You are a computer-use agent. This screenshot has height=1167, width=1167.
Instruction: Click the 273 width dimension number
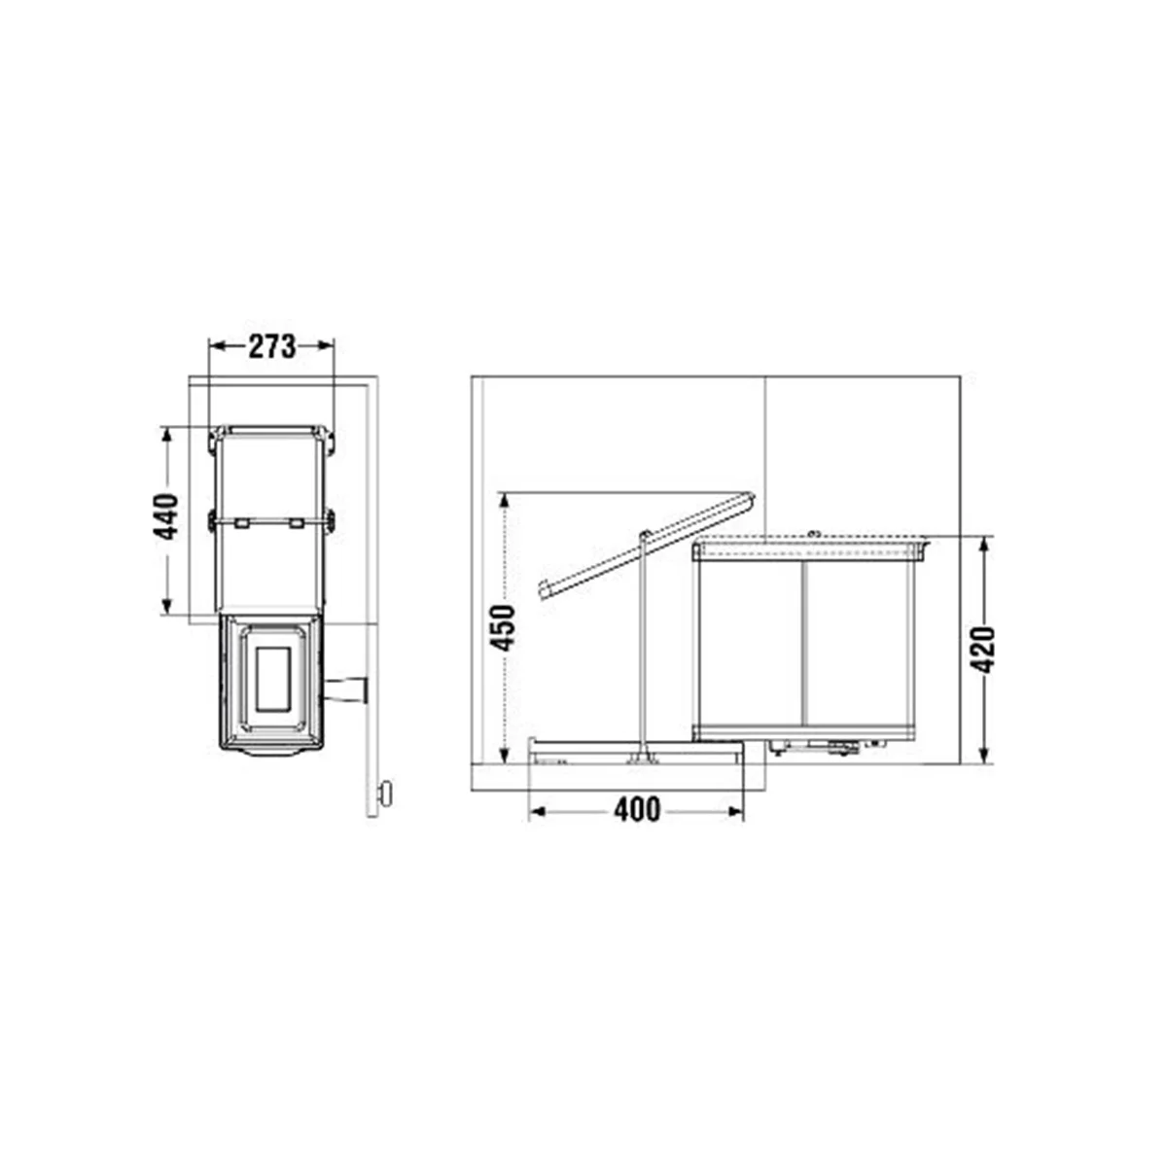[x=272, y=346]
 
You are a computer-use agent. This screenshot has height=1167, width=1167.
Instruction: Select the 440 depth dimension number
[x=165, y=517]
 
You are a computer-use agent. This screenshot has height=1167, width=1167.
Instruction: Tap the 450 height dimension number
[x=502, y=628]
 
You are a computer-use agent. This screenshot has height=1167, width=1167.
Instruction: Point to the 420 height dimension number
[x=982, y=651]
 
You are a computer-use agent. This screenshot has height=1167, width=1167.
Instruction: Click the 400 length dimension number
[x=637, y=811]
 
